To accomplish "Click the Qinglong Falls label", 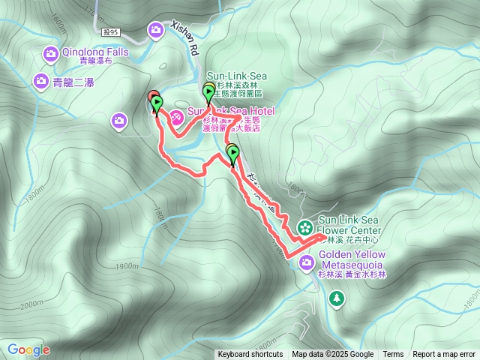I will tap(96, 52).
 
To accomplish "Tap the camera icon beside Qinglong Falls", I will tap(50, 53).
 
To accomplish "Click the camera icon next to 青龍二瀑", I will tap(40, 81).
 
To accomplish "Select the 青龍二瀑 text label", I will tap(73, 82).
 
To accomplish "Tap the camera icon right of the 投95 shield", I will tap(155, 31).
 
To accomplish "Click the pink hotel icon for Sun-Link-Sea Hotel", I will tap(175, 117).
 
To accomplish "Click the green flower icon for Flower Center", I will tap(305, 226).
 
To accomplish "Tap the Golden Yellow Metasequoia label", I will tap(352, 259).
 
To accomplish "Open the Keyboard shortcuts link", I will tap(250, 355).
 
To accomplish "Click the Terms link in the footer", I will tap(393, 355).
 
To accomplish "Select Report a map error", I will tap(445, 355).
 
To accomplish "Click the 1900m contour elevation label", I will tap(127, 266).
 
